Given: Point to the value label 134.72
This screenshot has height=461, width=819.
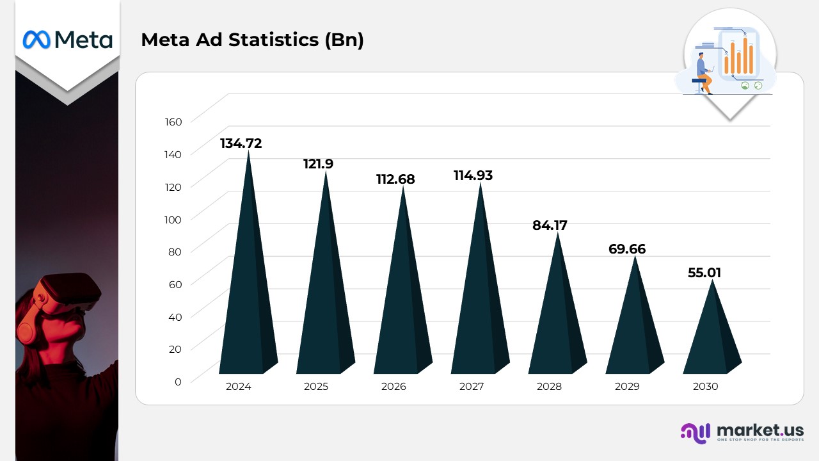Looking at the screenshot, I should point(241,143).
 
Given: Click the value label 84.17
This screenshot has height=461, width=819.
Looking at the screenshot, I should point(550,225).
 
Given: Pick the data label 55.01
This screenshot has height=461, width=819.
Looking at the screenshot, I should point(704,273).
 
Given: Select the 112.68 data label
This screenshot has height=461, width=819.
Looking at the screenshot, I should point(395,179).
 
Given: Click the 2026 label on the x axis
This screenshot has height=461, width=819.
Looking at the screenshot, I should point(394,387).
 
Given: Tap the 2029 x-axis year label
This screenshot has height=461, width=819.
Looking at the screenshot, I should point(627,387).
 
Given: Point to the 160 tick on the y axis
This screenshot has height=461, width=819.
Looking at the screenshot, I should point(174,122).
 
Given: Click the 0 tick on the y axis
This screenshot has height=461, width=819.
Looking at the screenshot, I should point(178,382).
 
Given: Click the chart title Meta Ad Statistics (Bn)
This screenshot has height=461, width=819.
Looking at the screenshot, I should point(252,40).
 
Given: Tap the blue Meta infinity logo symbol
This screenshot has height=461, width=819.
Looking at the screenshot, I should point(36,40).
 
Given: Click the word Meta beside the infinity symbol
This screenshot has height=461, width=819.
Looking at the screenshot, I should point(83,40).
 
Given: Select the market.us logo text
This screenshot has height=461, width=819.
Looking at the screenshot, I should point(759,430).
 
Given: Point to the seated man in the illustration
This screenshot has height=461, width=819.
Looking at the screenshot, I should point(704,72).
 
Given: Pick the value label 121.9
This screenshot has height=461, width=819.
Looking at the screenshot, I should point(318,164).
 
